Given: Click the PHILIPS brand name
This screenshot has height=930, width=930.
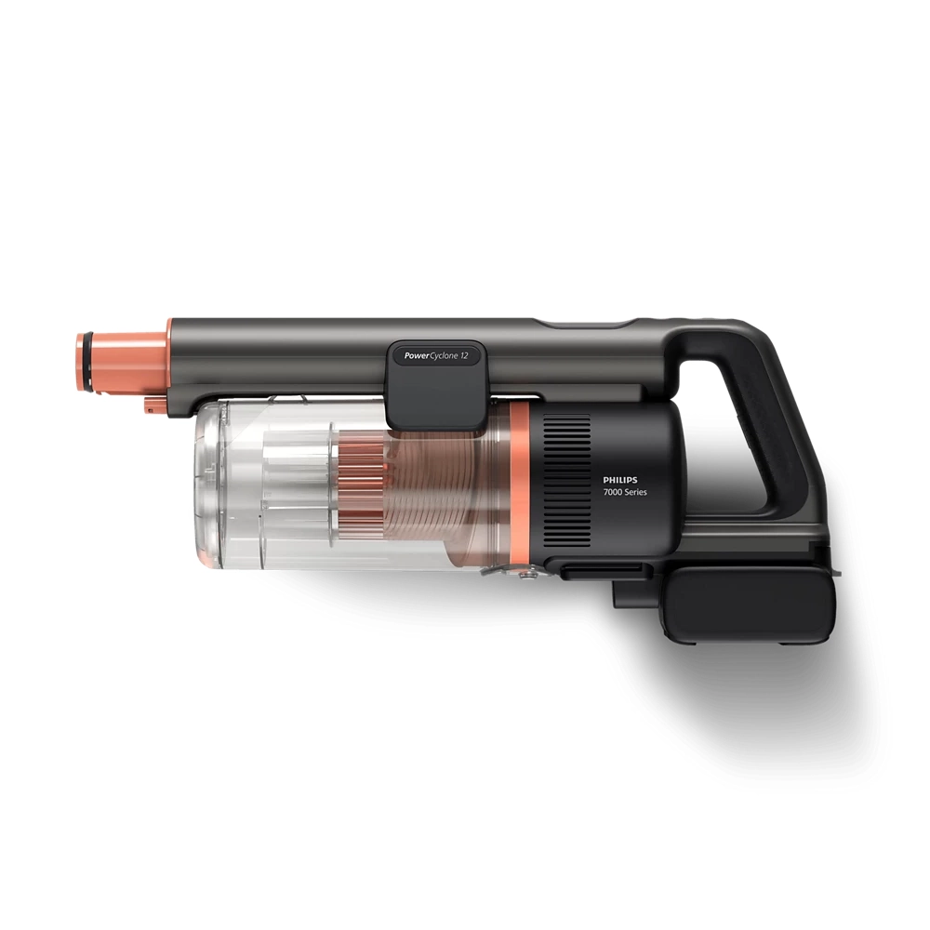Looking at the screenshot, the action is (619, 481).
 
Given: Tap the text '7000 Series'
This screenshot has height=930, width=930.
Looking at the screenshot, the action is (625, 492).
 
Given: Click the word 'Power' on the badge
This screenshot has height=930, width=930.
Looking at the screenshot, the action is (417, 356).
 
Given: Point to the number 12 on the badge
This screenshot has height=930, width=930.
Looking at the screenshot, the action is (464, 356).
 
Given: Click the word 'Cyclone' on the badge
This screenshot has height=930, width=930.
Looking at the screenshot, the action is (444, 356).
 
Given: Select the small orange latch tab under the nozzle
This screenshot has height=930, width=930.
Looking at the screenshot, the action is (152, 405).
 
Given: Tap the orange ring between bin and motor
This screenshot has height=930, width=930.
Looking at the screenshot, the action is (520, 484).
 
